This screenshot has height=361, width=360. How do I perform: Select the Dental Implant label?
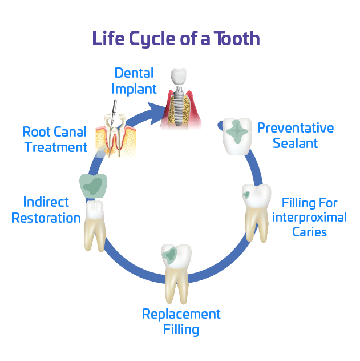pyautogui.click(x=134, y=81)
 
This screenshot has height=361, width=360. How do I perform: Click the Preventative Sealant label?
pyautogui.click(x=295, y=135)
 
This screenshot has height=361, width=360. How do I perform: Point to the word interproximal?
pyautogui.click(x=309, y=217)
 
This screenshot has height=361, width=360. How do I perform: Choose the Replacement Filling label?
pyautogui.click(x=181, y=322)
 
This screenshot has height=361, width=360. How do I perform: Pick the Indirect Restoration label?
pyautogui.click(x=46, y=210)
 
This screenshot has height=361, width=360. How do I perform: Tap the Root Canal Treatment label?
pyautogui.click(x=55, y=139)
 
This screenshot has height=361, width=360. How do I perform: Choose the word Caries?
pyautogui.click(x=309, y=231)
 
